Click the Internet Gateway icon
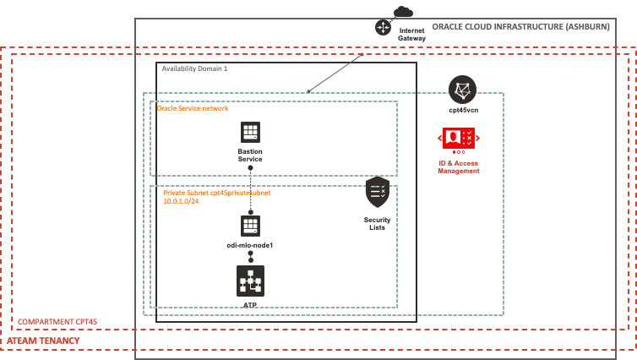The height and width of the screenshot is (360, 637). [x=384, y=27]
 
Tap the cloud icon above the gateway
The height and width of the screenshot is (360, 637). [x=404, y=11]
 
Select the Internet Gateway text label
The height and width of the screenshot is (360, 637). [x=411, y=35]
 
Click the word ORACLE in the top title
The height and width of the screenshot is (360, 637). [x=448, y=27]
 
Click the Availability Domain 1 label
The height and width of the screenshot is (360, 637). [x=194, y=68]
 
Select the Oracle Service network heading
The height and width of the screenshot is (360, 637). [x=193, y=108]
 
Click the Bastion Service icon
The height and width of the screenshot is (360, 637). [x=250, y=131]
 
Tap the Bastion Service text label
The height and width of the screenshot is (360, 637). [x=250, y=155]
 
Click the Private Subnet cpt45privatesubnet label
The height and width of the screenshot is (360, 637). [x=217, y=193]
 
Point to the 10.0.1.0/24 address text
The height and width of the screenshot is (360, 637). [x=181, y=201]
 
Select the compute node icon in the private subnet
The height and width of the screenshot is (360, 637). [x=250, y=225]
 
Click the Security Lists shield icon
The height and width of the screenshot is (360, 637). [x=378, y=193]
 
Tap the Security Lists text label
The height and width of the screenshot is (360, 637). [x=378, y=223]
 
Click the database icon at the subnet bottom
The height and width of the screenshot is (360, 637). [x=250, y=281]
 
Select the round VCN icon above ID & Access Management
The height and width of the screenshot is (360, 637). [x=462, y=89]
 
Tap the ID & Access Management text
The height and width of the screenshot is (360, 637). [x=459, y=166]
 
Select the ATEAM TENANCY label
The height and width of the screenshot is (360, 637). [x=44, y=341]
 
